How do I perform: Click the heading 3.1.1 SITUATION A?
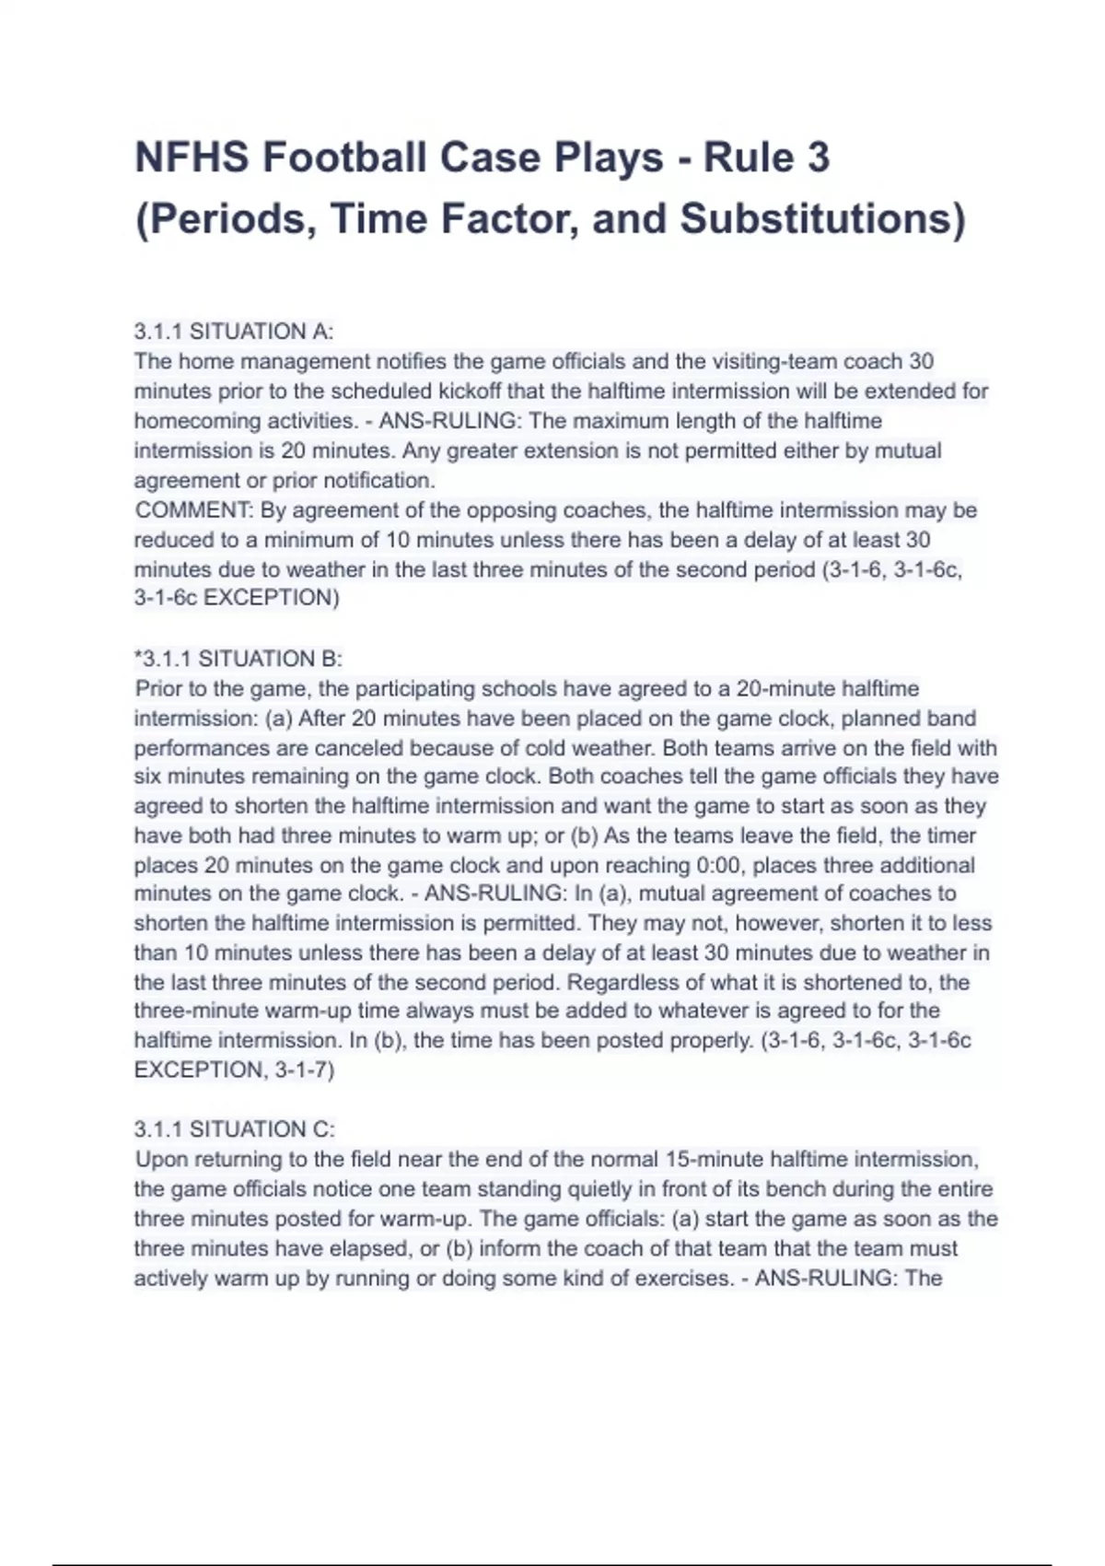point(234,331)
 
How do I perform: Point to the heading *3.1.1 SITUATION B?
point(238,659)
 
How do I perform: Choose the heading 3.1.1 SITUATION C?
point(235,1129)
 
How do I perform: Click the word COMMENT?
point(194,510)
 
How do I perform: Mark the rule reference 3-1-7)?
point(305,1070)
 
